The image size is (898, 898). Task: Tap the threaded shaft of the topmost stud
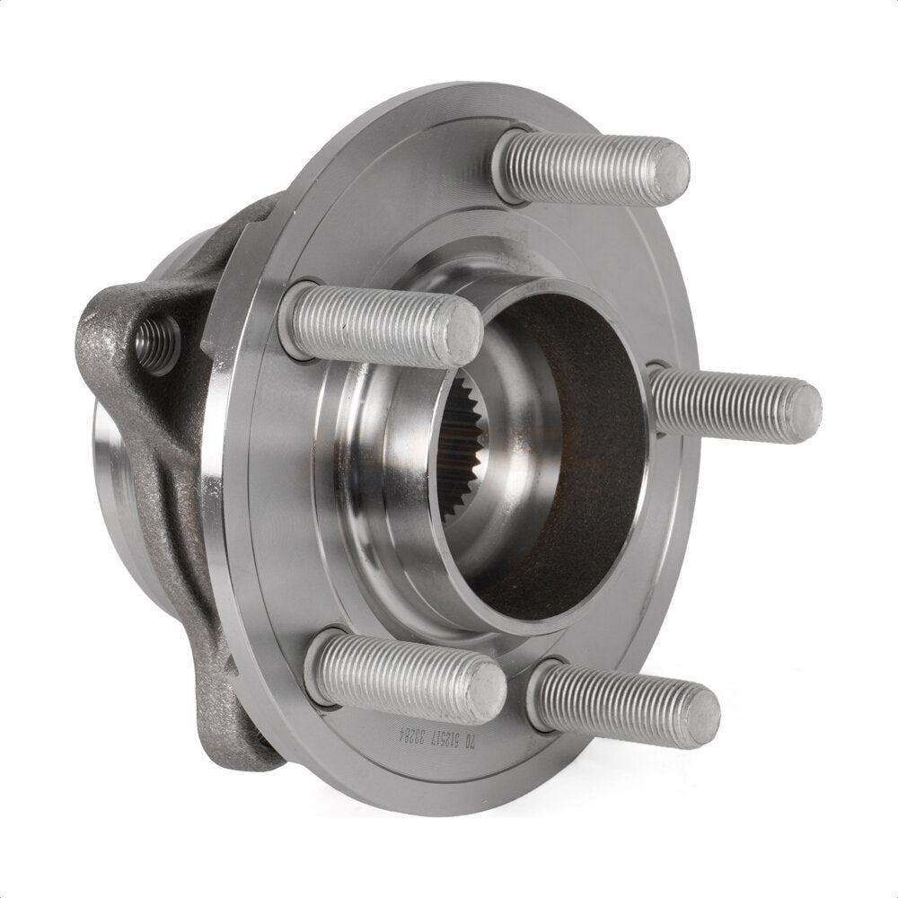click(584, 166)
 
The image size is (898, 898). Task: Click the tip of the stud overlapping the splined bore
click(462, 332)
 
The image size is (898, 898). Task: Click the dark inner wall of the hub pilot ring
click(575, 467)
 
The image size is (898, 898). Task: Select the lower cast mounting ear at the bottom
click(238, 718)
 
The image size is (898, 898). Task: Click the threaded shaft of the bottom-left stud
click(404, 676)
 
